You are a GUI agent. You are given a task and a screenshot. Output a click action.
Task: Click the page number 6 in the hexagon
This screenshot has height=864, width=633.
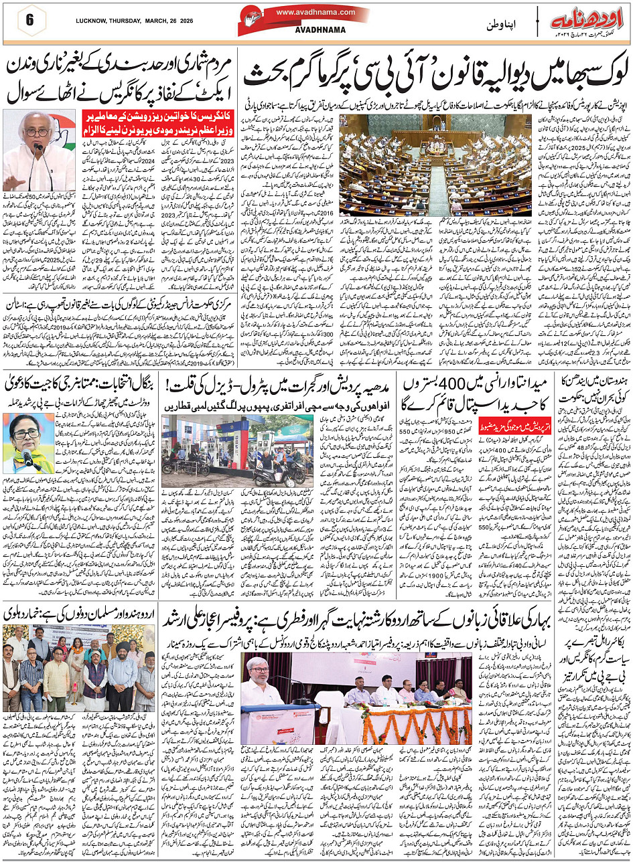click(x=29, y=20)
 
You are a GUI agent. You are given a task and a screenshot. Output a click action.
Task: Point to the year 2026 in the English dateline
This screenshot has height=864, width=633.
click(x=192, y=20)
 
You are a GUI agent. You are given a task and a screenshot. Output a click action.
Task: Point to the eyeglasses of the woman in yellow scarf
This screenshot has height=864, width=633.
click(x=26, y=434)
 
